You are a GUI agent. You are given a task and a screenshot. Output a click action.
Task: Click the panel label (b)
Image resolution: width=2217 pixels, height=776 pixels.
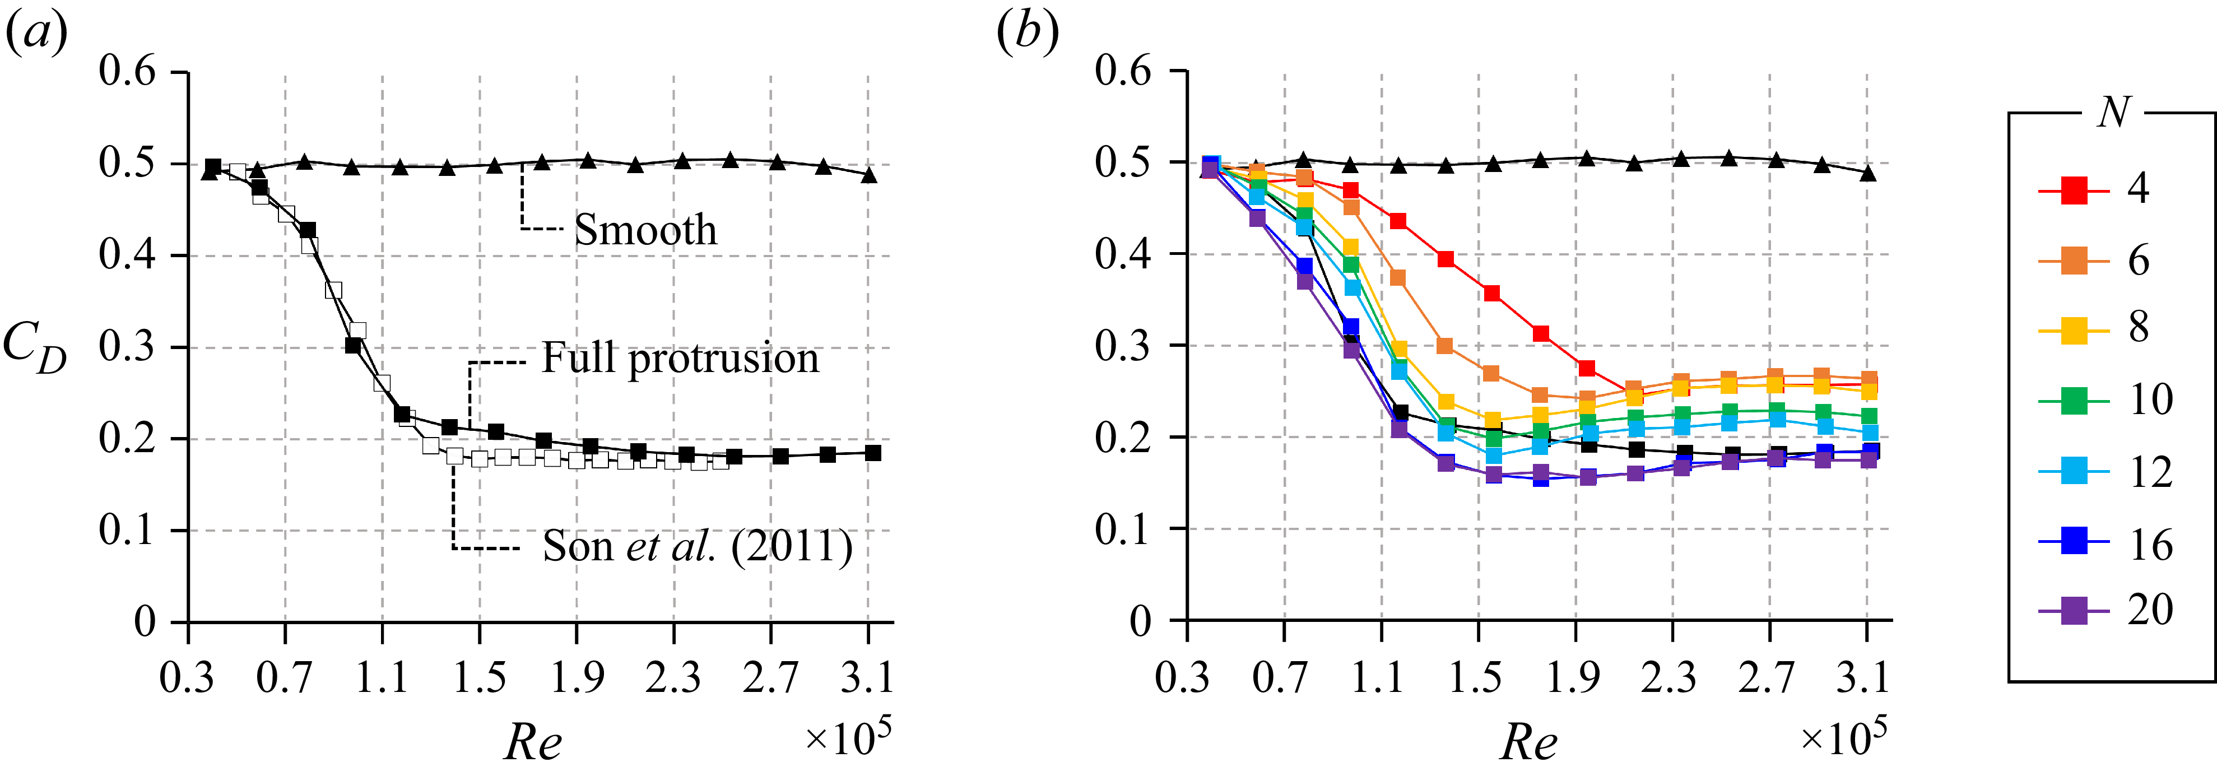(1027, 34)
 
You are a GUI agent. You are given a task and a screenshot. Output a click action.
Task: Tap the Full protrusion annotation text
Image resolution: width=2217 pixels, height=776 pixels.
(680, 358)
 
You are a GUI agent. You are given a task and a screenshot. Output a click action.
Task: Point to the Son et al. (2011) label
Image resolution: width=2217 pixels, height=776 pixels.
(697, 546)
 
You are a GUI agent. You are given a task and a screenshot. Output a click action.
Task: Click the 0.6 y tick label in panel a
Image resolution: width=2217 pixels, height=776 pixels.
(127, 71)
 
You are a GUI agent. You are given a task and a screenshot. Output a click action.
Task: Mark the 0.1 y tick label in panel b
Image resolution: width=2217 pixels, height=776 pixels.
(1123, 529)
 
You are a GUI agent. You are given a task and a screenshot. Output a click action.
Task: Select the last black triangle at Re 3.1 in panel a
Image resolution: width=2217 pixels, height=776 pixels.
(869, 175)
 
